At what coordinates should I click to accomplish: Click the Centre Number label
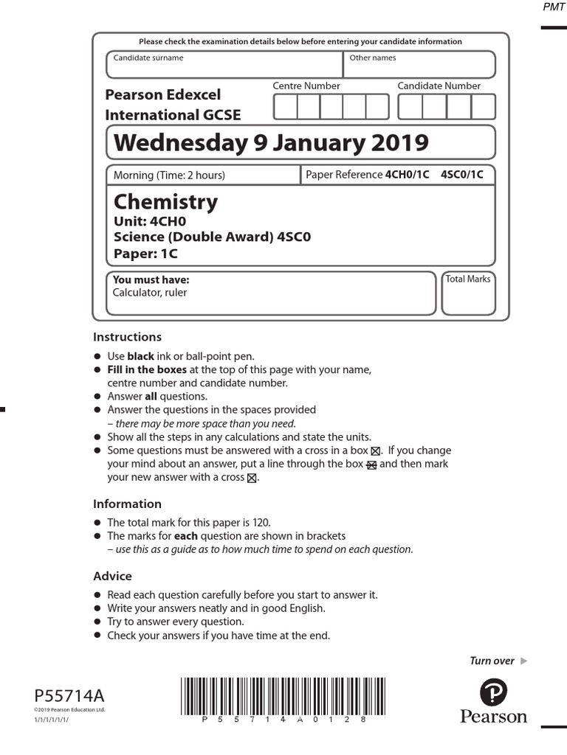point(306,86)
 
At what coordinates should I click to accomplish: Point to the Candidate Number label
point(439,86)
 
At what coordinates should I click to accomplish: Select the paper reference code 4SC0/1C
point(462,175)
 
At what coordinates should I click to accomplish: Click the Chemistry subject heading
point(165,202)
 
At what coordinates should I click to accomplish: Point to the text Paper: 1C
point(145,254)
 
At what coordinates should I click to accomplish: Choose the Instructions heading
point(127,337)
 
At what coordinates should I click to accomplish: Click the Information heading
point(127,504)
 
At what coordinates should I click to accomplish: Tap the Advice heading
point(112,576)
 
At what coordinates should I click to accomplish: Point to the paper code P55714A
point(70,696)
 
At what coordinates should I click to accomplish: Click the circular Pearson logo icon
point(493,692)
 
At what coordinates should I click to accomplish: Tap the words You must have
point(151,280)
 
